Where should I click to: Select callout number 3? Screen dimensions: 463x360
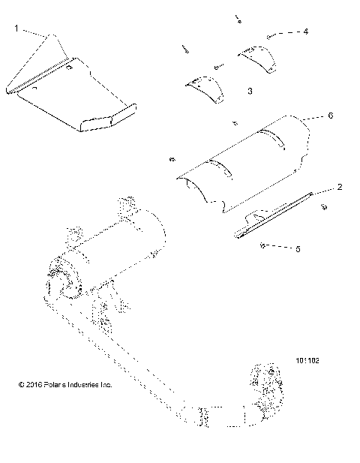249,90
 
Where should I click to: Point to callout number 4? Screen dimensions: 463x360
306,32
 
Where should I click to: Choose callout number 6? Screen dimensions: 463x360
330,116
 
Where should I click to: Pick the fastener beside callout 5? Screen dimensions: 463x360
263,245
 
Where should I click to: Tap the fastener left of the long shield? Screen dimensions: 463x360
173,158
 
